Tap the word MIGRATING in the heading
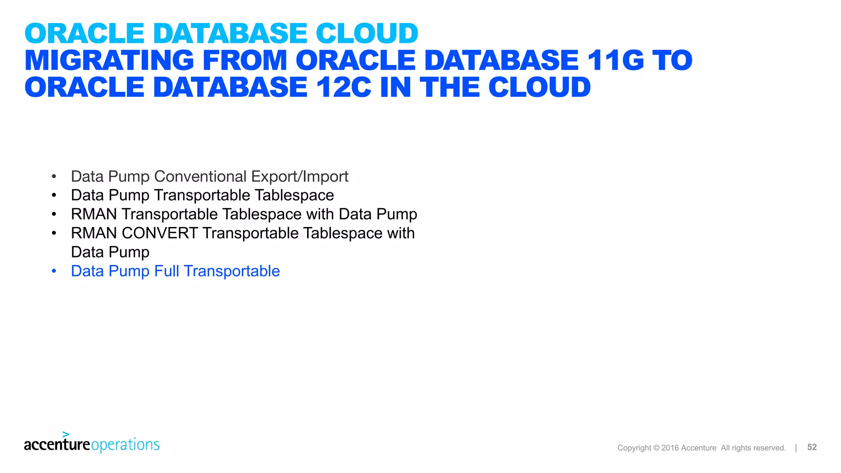(x=109, y=60)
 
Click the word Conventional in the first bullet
(x=200, y=177)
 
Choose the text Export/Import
(x=300, y=177)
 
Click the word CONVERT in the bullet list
(x=160, y=233)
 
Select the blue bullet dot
(x=54, y=271)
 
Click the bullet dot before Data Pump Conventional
(x=54, y=177)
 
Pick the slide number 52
(x=812, y=447)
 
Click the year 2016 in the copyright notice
(x=670, y=448)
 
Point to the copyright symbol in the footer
(x=656, y=448)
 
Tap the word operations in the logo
(x=125, y=445)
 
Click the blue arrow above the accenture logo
(x=66, y=434)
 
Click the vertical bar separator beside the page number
(x=796, y=448)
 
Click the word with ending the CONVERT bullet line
(x=401, y=233)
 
